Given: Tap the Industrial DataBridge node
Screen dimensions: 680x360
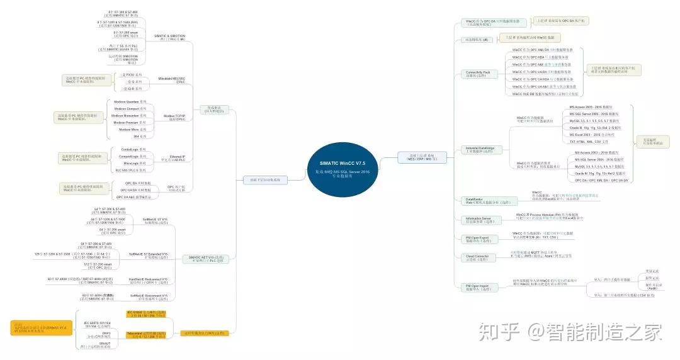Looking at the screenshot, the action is (480, 150).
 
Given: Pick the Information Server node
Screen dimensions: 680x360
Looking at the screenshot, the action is (479, 220).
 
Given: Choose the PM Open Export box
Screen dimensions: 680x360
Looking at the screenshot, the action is (477, 239).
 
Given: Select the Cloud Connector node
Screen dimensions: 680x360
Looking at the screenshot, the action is (477, 257).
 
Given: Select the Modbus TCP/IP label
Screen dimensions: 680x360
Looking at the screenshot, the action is (174, 117).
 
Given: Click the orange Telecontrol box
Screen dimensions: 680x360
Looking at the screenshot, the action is (146, 335).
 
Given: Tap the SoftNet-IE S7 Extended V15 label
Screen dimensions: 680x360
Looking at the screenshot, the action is (149, 255).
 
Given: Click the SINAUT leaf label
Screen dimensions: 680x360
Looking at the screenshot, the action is (97, 345).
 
